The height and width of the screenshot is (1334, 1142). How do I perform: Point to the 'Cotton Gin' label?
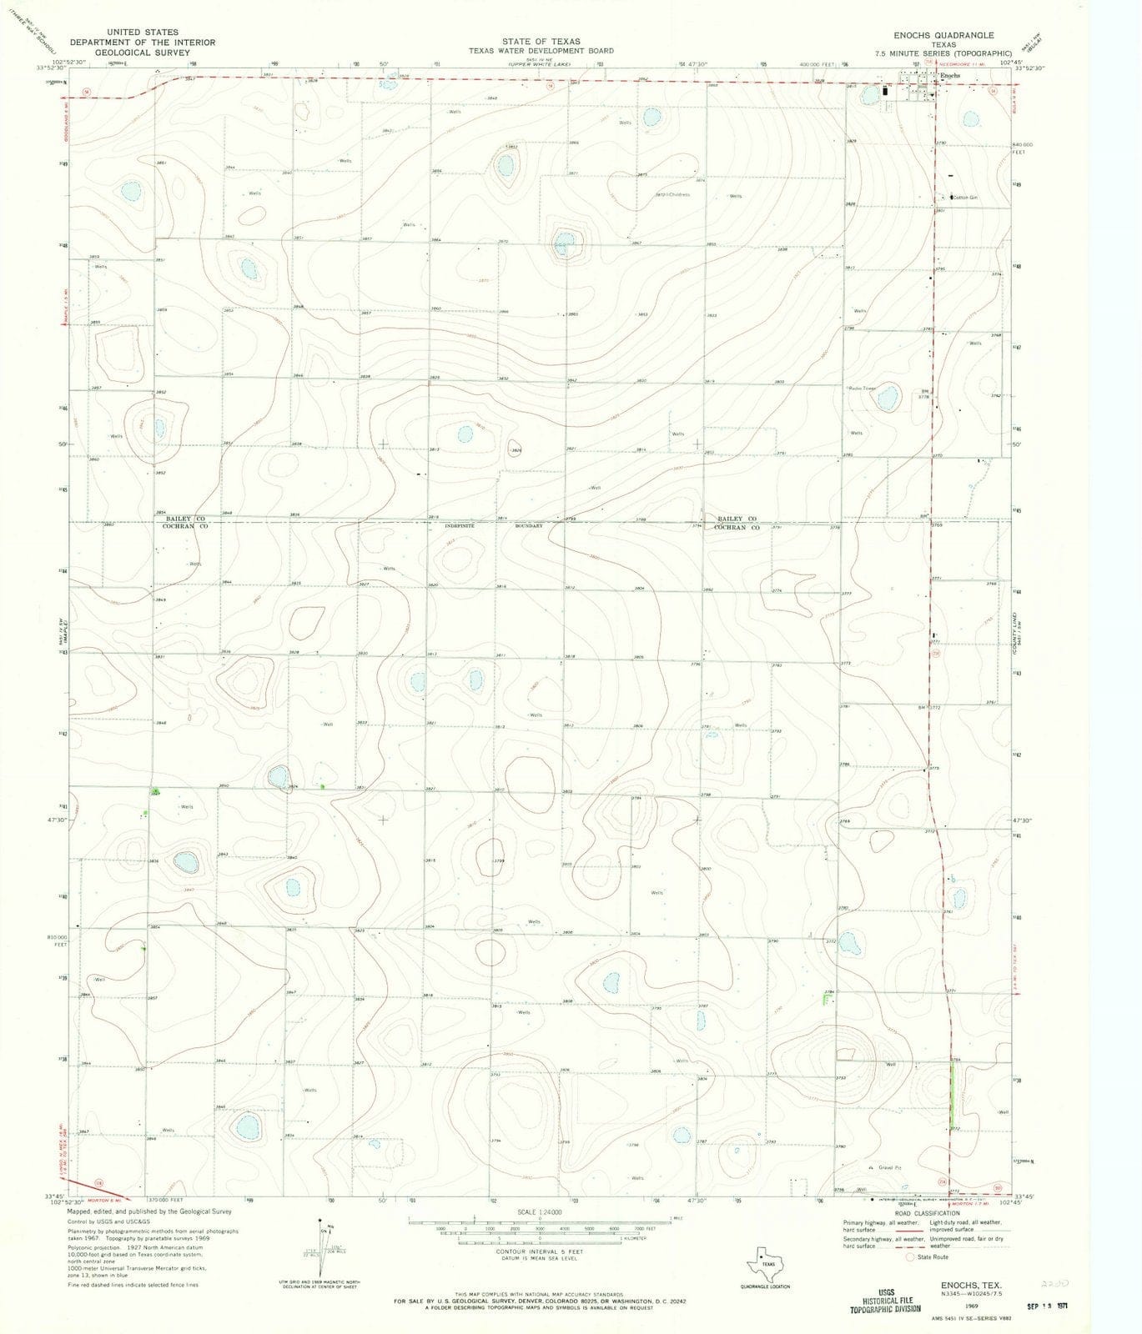pyautogui.click(x=965, y=198)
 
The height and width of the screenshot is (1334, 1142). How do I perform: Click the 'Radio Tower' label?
pyautogui.click(x=864, y=389)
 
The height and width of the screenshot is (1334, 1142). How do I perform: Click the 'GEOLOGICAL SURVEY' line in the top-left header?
pyautogui.click(x=143, y=52)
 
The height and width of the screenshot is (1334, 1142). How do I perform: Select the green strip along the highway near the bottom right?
pyautogui.click(x=952, y=1100)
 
